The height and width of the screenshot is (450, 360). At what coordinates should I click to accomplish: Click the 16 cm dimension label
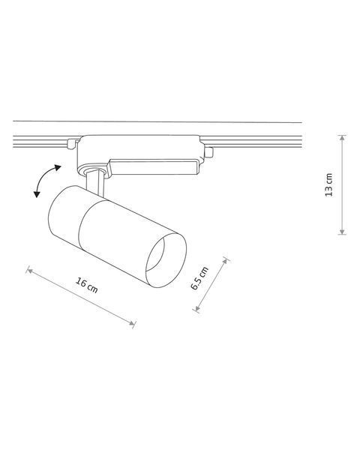[87, 285]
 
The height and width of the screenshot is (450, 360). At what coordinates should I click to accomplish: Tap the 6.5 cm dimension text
[199, 278]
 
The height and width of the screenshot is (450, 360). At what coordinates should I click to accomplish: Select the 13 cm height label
[328, 184]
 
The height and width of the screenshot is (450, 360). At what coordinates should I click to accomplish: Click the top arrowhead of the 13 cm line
[342, 137]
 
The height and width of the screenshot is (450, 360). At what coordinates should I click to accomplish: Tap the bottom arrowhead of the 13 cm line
[342, 232]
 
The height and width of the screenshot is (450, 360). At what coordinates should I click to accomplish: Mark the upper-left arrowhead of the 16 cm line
[30, 271]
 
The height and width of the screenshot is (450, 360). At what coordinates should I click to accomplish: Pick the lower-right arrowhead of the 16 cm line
[132, 323]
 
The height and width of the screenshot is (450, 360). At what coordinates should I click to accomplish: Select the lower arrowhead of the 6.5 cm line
[197, 308]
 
